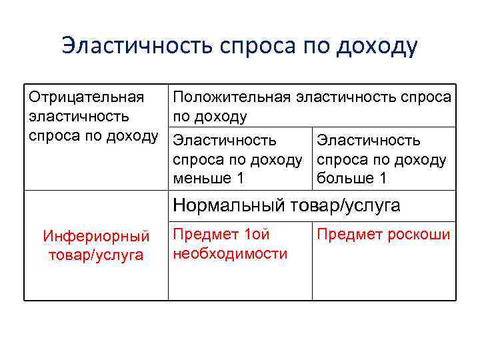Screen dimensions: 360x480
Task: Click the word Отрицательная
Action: [x=87, y=98]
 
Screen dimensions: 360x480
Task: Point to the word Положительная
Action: [x=232, y=98]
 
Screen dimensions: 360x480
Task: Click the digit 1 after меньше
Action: [x=240, y=179]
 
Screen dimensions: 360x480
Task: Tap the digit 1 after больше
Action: [x=383, y=179]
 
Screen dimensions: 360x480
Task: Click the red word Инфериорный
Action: [x=96, y=236]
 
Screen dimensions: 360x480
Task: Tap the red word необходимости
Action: [x=230, y=253]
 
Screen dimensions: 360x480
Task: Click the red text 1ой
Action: [x=257, y=235]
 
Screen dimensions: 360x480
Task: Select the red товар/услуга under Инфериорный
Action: [x=96, y=255]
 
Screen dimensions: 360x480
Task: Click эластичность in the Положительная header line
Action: [x=346, y=98]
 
